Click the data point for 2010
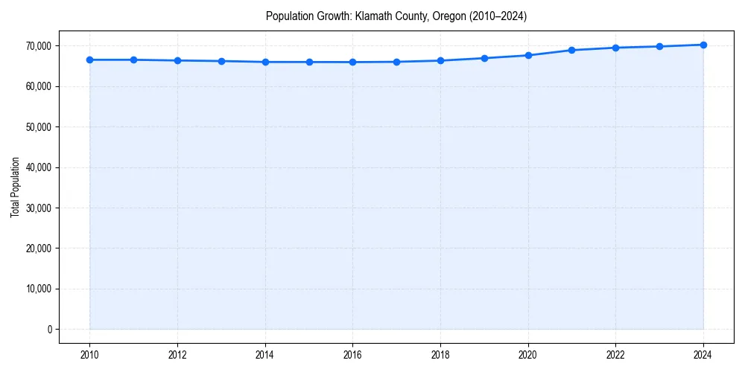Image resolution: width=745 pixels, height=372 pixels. pos(89,60)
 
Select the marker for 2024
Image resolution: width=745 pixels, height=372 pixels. pos(703,45)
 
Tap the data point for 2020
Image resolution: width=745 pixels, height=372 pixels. pos(528,55)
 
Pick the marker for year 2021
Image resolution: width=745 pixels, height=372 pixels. pos(571,50)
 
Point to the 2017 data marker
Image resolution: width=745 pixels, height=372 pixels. pos(396,62)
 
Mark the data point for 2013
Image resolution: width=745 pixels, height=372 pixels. pos(221,61)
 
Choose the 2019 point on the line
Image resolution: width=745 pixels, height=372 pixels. pos(484,58)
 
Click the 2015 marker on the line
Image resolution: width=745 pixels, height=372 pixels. pos(309,62)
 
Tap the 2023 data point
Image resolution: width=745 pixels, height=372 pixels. pos(659,46)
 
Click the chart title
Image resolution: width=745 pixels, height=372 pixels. pos(396,16)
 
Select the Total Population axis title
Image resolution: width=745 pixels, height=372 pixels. pos(15,187)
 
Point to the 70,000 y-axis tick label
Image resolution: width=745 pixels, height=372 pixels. pos(37,46)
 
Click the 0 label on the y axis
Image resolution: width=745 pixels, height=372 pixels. pos(49,329)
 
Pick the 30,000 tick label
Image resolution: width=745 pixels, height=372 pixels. pos(37,208)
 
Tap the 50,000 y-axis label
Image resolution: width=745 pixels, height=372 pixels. pos(37,126)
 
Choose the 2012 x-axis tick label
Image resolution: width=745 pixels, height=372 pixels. pos(177,355)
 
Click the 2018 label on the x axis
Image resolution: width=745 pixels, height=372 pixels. pos(440,355)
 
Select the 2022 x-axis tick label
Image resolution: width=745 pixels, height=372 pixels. pos(615,355)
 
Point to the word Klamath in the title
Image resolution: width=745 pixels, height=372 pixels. pos(371,16)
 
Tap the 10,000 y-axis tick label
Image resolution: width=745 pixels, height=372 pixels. pos(37,289)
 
